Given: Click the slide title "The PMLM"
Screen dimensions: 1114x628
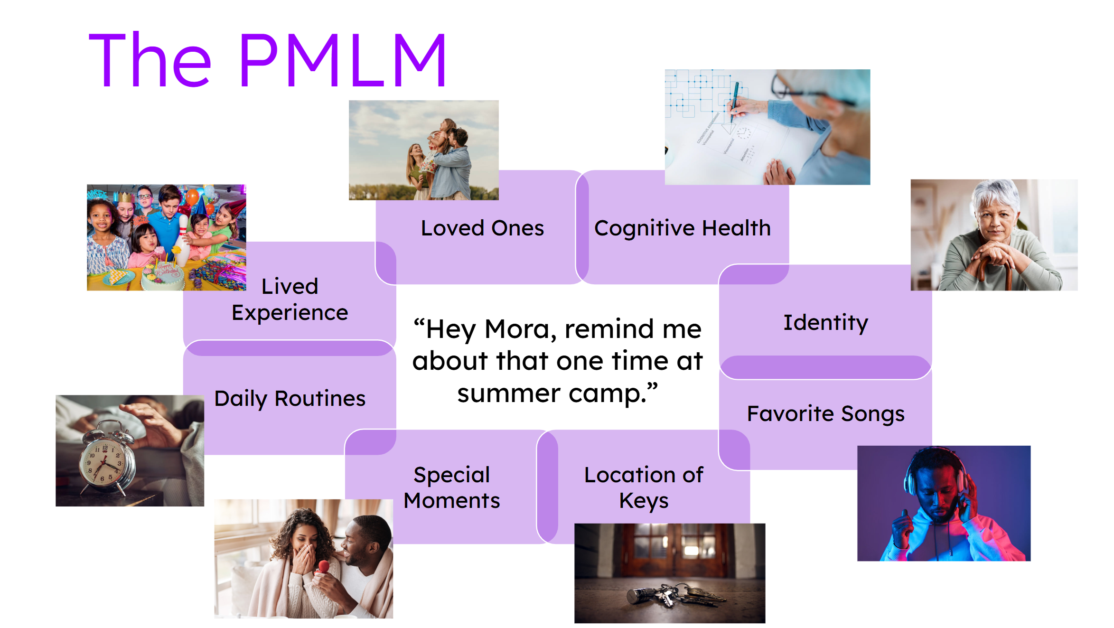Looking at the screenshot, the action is click(x=267, y=60).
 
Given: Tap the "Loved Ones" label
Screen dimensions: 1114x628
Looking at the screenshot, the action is click(x=482, y=228).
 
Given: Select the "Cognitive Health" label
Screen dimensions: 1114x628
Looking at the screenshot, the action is click(x=682, y=229).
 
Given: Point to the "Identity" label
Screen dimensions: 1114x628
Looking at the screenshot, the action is click(x=825, y=323).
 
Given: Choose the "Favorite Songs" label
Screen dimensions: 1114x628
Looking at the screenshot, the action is click(x=825, y=414).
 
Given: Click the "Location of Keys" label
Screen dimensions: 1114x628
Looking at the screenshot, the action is click(x=644, y=488).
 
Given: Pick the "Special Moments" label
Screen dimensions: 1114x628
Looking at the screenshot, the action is click(x=451, y=487).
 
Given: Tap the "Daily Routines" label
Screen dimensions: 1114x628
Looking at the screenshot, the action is click(x=290, y=399).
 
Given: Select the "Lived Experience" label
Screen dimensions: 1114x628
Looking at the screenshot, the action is click(x=290, y=300).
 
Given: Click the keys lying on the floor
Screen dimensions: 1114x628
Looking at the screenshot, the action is click(x=674, y=595).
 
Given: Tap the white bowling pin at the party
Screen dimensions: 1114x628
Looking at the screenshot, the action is click(x=182, y=240).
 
